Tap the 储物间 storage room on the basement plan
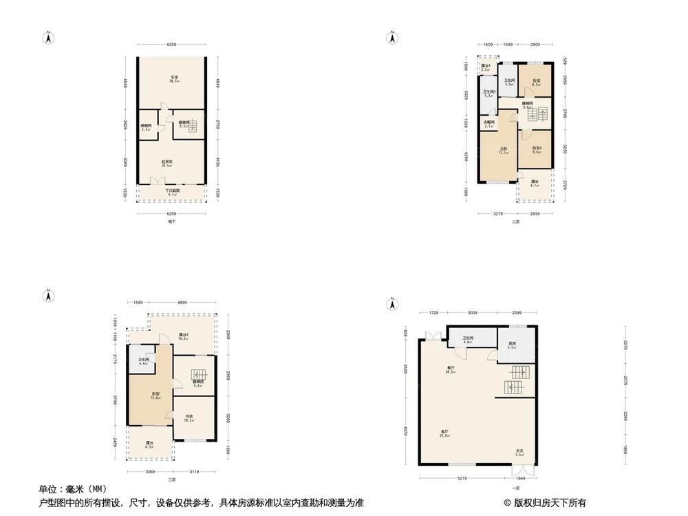point(146,127)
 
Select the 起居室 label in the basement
point(166,163)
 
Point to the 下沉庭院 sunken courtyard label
point(171,193)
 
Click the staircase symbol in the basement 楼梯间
point(192,126)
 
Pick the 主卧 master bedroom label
point(504,150)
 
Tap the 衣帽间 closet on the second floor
point(490,125)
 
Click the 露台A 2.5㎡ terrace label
point(486,67)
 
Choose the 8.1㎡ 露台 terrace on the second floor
point(535,183)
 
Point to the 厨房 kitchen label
point(513,345)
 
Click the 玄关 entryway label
point(520,453)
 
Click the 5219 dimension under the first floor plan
point(464,478)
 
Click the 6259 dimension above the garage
point(171,45)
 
